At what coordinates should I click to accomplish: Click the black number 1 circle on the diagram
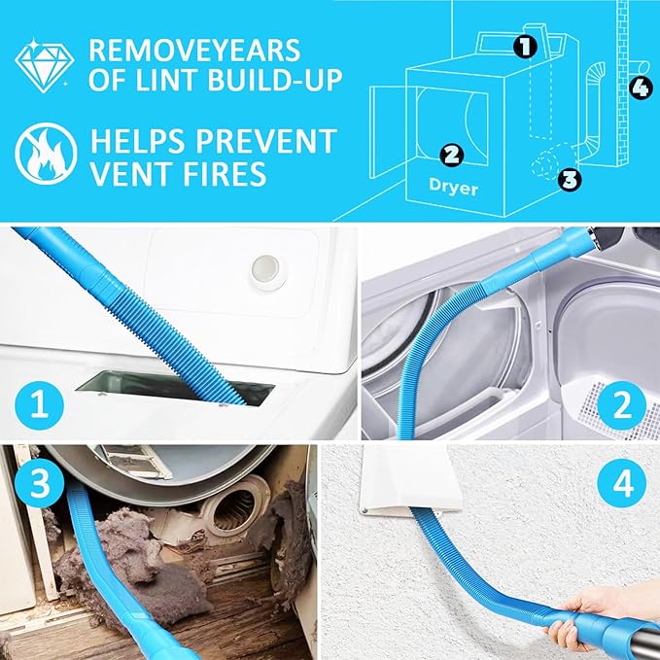[x=524, y=45]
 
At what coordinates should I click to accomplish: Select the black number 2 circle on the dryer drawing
[x=450, y=154]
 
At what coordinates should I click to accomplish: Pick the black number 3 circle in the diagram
[x=571, y=178]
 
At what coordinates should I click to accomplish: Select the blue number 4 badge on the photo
[x=619, y=483]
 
